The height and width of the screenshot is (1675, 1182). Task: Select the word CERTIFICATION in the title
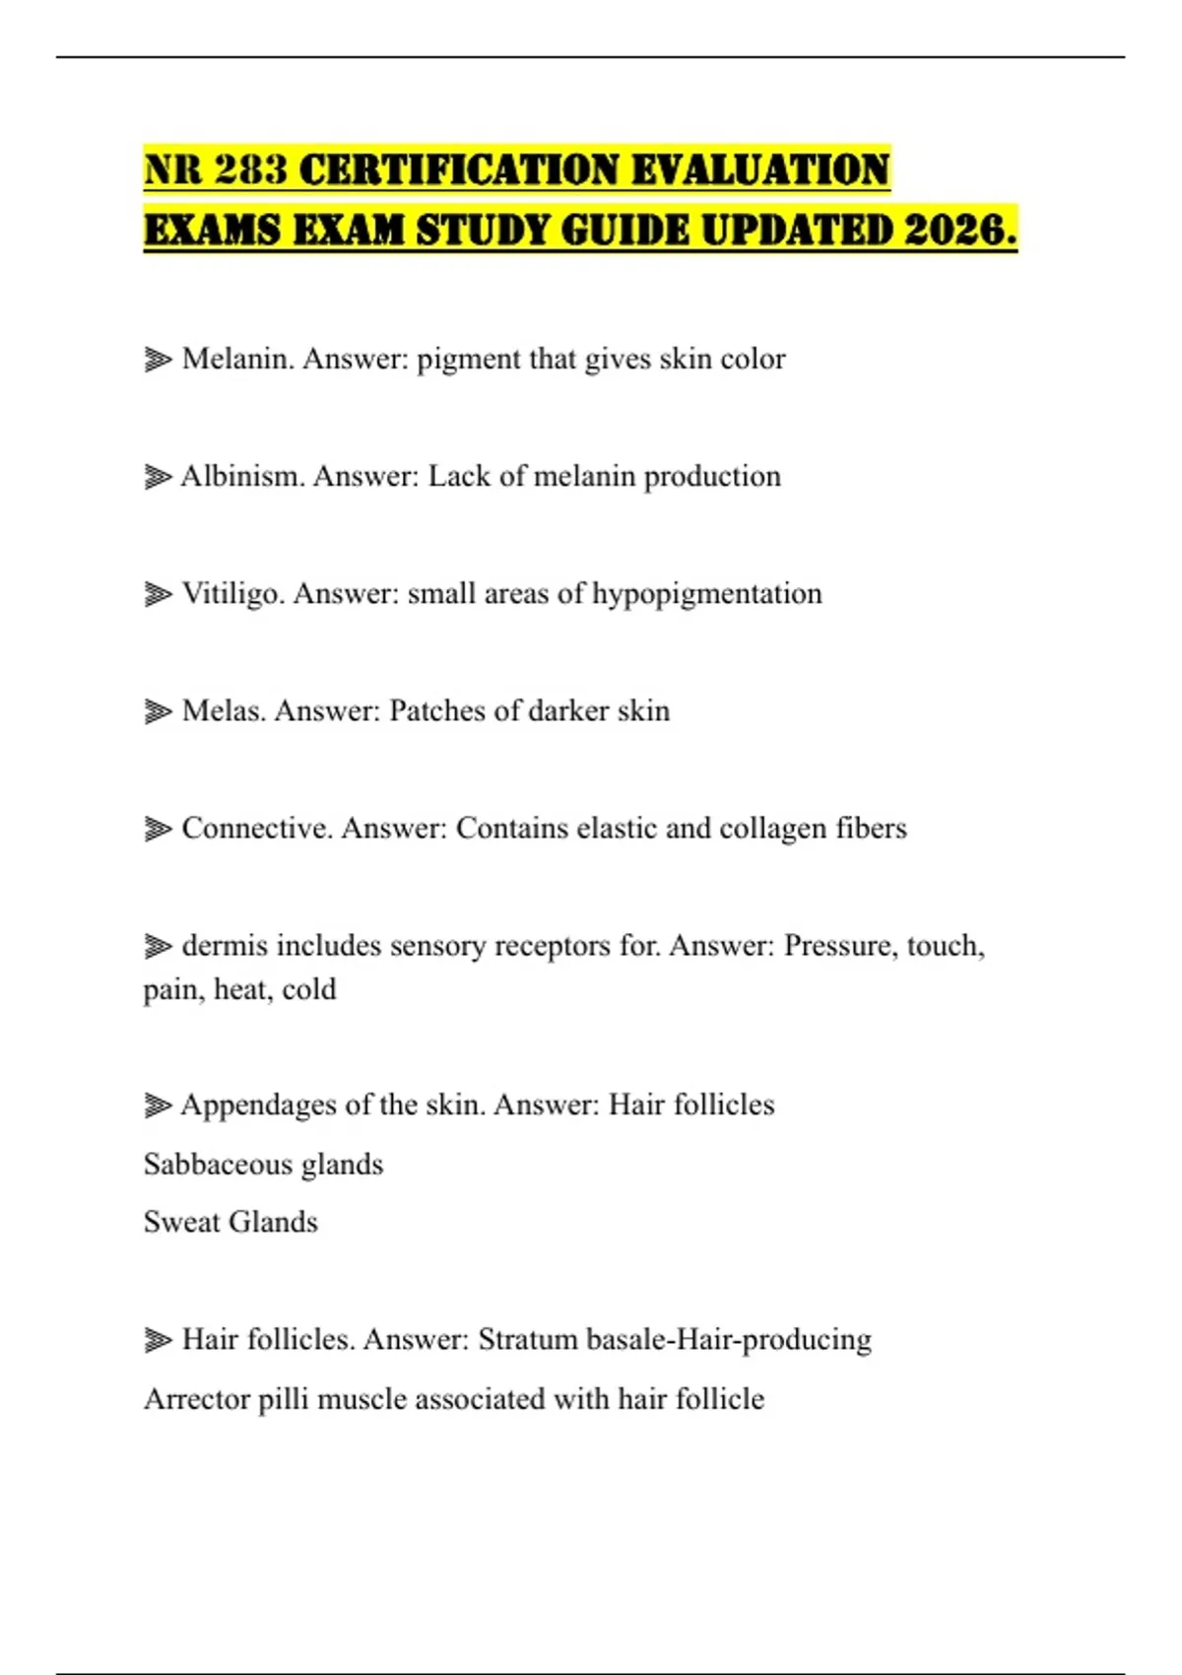pos(458,170)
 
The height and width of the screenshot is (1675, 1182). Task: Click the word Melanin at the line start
pos(237,359)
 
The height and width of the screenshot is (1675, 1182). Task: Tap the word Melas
pos(224,711)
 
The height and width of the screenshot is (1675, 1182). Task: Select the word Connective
pos(256,829)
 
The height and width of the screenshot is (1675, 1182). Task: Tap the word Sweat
pos(180,1223)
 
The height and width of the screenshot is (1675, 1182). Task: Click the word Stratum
pos(528,1340)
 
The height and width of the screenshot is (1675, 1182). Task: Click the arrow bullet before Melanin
pos(158,360)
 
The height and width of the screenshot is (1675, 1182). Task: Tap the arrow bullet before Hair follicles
pos(158,1340)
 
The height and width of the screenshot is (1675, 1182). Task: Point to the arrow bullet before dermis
pos(158,947)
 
